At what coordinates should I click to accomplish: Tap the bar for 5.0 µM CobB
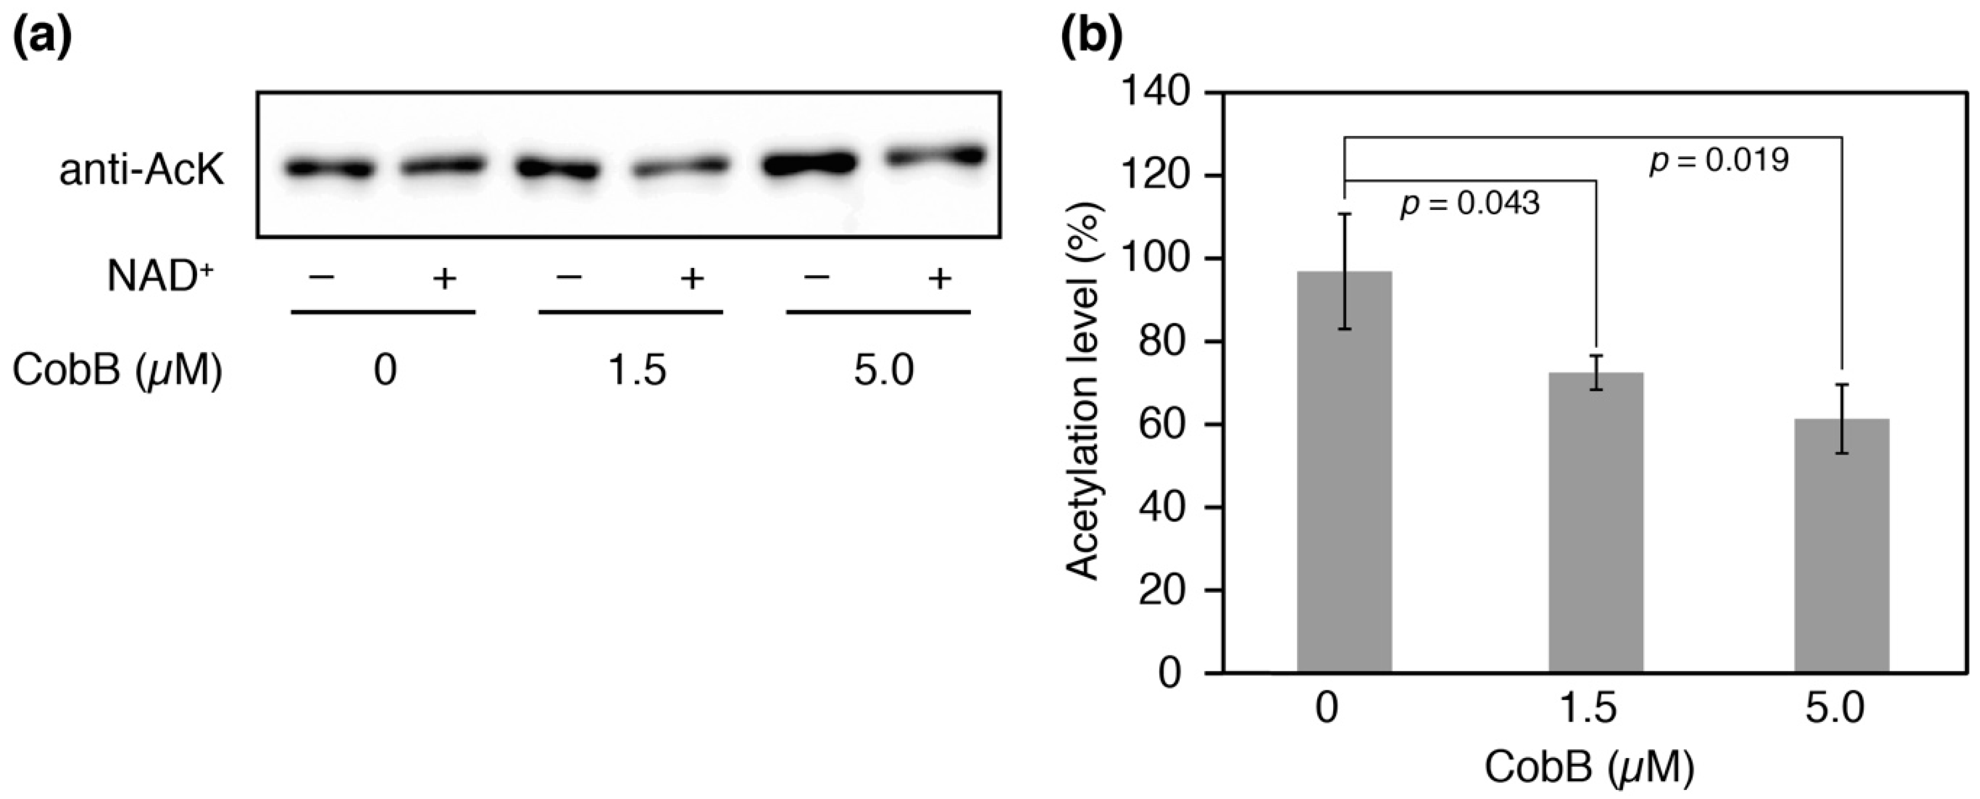pyautogui.click(x=1842, y=545)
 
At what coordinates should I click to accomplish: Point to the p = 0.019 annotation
pyautogui.click(x=1719, y=161)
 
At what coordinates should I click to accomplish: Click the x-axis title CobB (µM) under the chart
pyautogui.click(x=1589, y=768)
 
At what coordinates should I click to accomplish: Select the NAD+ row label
pyautogui.click(x=159, y=277)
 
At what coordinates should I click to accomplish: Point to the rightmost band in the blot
pyautogui.click(x=937, y=157)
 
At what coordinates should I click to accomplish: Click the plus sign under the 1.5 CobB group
pyautogui.click(x=692, y=277)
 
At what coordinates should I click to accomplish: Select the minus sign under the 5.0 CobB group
pyautogui.click(x=817, y=277)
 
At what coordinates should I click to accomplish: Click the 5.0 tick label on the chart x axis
pyautogui.click(x=1834, y=708)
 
